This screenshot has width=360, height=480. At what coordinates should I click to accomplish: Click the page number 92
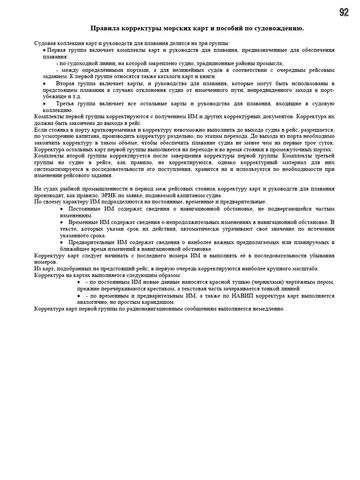344,13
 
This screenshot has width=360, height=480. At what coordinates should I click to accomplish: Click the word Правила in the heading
103,29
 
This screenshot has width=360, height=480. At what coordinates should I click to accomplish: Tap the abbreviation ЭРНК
109,195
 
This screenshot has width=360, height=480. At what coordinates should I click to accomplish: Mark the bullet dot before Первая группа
44,49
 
